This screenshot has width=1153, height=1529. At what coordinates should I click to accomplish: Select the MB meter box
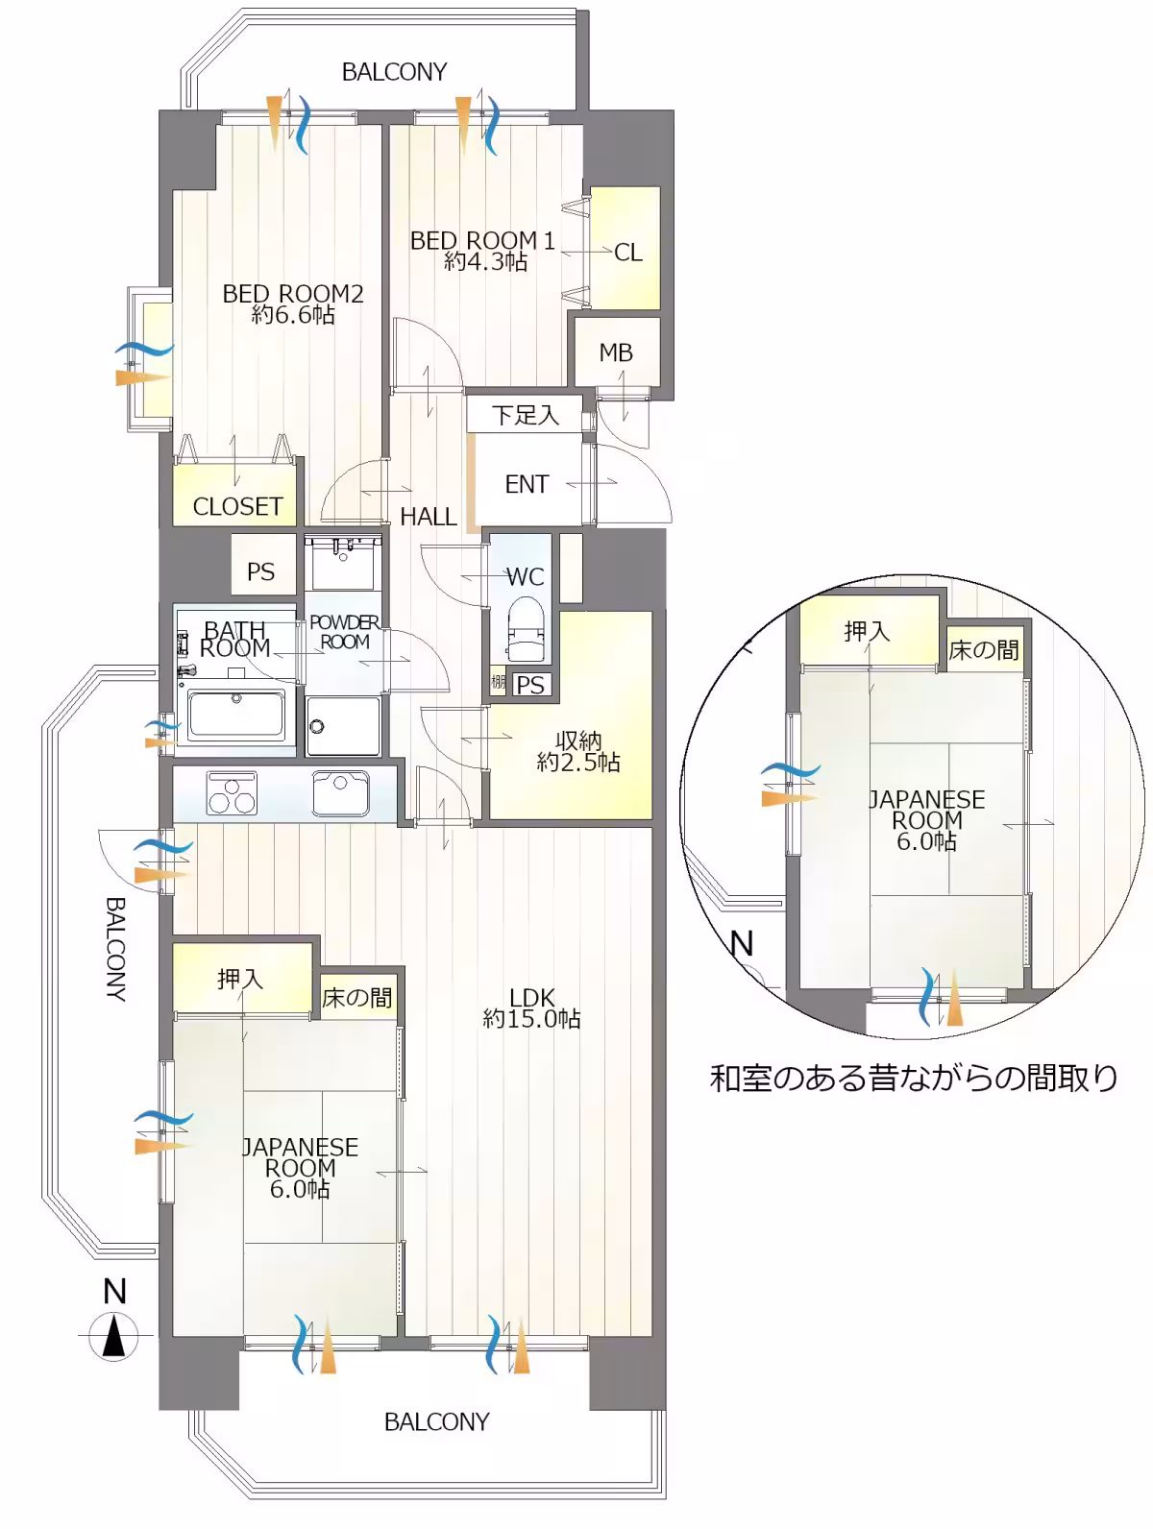(616, 352)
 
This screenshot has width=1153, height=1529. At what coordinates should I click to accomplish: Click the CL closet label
(627, 253)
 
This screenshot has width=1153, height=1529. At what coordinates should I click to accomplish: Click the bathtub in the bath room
(236, 714)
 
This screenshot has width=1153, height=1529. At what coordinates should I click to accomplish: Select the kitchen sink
(341, 792)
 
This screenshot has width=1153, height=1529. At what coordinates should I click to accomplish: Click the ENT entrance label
(527, 484)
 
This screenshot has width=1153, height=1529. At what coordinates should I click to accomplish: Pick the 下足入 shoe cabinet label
(526, 415)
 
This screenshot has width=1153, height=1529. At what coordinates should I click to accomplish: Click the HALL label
(429, 516)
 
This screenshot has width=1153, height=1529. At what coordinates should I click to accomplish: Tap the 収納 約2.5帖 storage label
(578, 751)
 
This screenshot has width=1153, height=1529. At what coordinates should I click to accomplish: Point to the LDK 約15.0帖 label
(531, 1007)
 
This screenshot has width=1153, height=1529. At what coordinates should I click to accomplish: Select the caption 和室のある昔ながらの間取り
(914, 1079)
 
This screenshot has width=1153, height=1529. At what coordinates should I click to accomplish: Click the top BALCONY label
(394, 72)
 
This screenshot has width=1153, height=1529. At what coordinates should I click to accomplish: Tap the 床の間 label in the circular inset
(984, 650)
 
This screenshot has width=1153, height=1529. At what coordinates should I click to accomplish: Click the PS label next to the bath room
(260, 571)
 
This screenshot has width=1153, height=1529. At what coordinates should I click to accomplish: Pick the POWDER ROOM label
(344, 632)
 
